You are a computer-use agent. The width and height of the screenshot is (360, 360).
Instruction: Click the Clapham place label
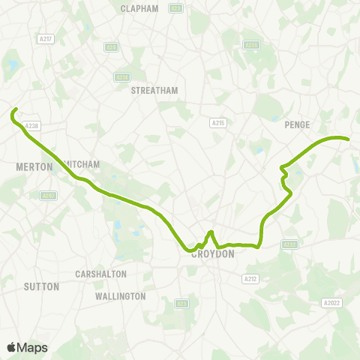(139, 9)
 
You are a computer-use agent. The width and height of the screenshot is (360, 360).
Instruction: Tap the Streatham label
(154, 91)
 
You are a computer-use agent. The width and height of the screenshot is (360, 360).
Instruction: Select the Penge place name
(297, 125)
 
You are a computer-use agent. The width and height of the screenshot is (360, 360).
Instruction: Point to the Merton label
(34, 166)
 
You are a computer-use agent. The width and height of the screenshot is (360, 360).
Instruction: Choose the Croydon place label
(213, 254)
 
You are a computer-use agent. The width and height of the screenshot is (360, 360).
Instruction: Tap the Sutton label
(36, 286)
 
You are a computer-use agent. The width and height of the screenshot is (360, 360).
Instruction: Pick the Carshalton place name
(100, 274)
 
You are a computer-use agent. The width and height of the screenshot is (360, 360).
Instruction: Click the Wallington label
(120, 296)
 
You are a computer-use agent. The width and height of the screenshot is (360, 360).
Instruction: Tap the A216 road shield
(121, 76)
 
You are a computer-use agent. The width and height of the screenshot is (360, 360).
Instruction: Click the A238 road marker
(31, 127)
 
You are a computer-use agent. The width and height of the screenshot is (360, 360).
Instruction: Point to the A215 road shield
(218, 122)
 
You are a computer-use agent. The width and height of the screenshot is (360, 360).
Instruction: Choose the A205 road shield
(252, 46)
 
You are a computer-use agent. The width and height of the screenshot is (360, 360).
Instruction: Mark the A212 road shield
(251, 279)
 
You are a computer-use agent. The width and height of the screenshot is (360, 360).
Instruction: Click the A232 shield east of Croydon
(290, 244)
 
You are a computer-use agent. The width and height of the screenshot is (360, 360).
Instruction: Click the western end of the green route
(15, 111)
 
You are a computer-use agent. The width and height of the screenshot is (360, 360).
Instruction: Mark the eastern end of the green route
(349, 139)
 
